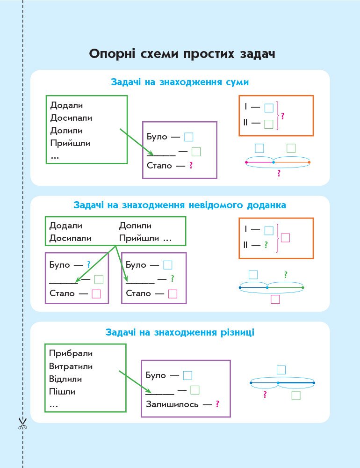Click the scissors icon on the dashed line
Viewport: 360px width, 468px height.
(x=22, y=423)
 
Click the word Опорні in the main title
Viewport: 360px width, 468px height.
(x=112, y=54)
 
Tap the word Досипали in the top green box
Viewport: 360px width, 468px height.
(x=71, y=118)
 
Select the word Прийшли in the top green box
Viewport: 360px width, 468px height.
(x=70, y=143)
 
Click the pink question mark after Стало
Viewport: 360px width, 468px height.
(x=191, y=165)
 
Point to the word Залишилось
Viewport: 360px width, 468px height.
(x=172, y=404)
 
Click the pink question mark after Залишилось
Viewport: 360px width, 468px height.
(x=217, y=404)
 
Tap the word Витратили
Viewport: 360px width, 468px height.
(x=71, y=366)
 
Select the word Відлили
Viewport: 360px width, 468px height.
(x=65, y=379)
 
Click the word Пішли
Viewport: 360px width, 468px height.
(x=62, y=392)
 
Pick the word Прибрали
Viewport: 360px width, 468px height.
(x=71, y=353)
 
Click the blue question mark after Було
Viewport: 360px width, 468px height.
(x=88, y=264)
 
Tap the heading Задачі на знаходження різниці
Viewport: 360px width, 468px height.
(x=180, y=332)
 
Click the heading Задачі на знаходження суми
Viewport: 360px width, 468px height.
(x=180, y=82)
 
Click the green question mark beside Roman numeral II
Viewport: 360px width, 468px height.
(x=266, y=245)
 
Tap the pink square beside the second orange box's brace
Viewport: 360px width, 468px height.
(x=286, y=238)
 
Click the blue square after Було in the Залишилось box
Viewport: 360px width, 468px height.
(x=187, y=375)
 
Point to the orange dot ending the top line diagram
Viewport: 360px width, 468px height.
(x=309, y=162)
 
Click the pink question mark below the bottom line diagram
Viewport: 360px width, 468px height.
(x=265, y=395)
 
